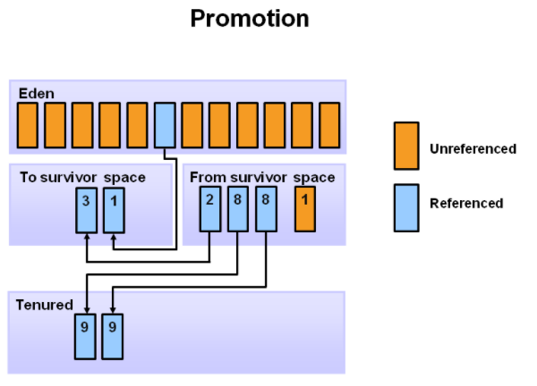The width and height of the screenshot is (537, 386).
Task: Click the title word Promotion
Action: click(250, 19)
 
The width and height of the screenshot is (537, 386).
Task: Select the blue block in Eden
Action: click(165, 125)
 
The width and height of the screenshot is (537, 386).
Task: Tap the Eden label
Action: click(37, 93)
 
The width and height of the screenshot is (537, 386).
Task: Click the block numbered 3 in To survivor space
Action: click(86, 210)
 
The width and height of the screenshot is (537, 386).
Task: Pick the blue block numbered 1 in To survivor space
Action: click(114, 210)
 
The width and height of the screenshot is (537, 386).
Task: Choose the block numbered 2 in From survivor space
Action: click(210, 209)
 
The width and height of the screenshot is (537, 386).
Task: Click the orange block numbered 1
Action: click(305, 209)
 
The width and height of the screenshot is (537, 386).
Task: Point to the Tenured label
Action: click(44, 305)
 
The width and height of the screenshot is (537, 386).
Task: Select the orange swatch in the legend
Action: click(406, 146)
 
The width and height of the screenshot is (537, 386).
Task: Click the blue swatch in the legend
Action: click(406, 208)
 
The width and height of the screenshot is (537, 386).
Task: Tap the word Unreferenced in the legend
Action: click(473, 148)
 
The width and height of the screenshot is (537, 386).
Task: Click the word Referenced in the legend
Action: click(466, 203)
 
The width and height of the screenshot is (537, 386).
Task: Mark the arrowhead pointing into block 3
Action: click(87, 236)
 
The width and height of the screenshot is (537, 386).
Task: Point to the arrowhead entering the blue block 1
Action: click(114, 236)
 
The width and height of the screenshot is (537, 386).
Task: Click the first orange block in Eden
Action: click(28, 125)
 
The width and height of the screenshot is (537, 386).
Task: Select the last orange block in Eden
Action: click(329, 125)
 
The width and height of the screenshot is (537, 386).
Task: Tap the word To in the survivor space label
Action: click(28, 178)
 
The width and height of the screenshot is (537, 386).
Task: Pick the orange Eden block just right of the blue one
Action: click(192, 125)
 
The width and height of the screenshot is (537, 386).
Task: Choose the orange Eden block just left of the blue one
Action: click(137, 125)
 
